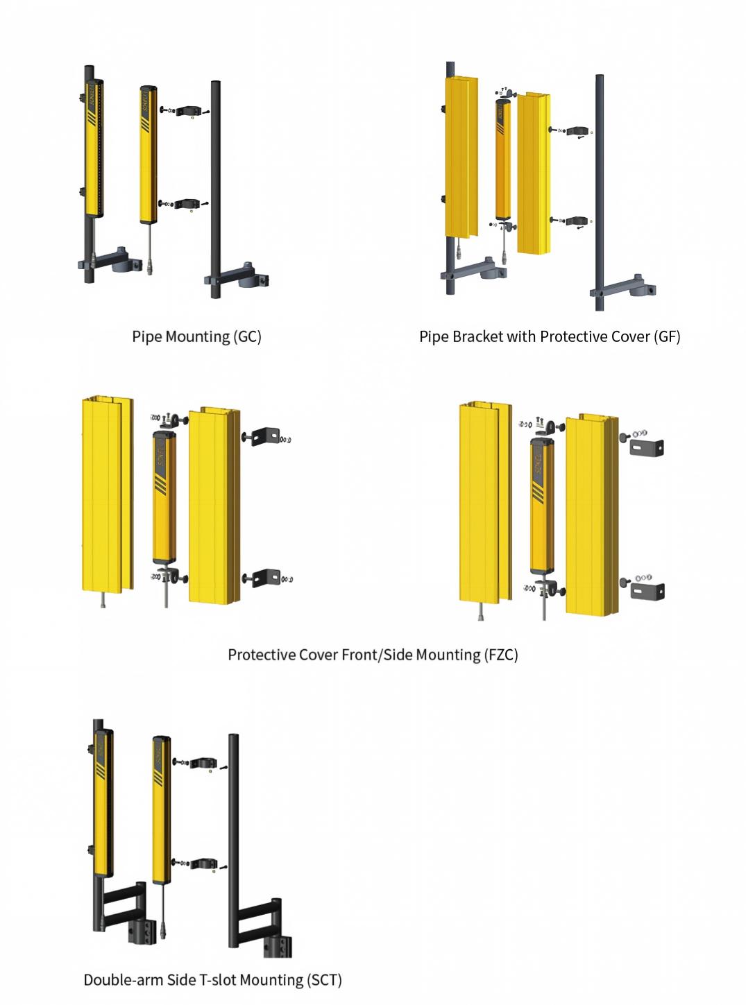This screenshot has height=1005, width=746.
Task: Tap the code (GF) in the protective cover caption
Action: (x=666, y=336)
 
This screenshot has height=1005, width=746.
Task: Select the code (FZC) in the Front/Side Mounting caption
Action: (x=500, y=655)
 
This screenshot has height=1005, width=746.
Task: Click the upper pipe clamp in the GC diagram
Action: (x=186, y=110)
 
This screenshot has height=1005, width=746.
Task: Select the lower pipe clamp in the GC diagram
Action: (x=185, y=204)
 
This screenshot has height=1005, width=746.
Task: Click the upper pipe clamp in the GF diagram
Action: (x=577, y=131)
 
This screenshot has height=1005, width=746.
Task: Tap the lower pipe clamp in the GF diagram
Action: (x=577, y=221)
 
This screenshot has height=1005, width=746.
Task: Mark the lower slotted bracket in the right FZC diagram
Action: (x=647, y=591)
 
